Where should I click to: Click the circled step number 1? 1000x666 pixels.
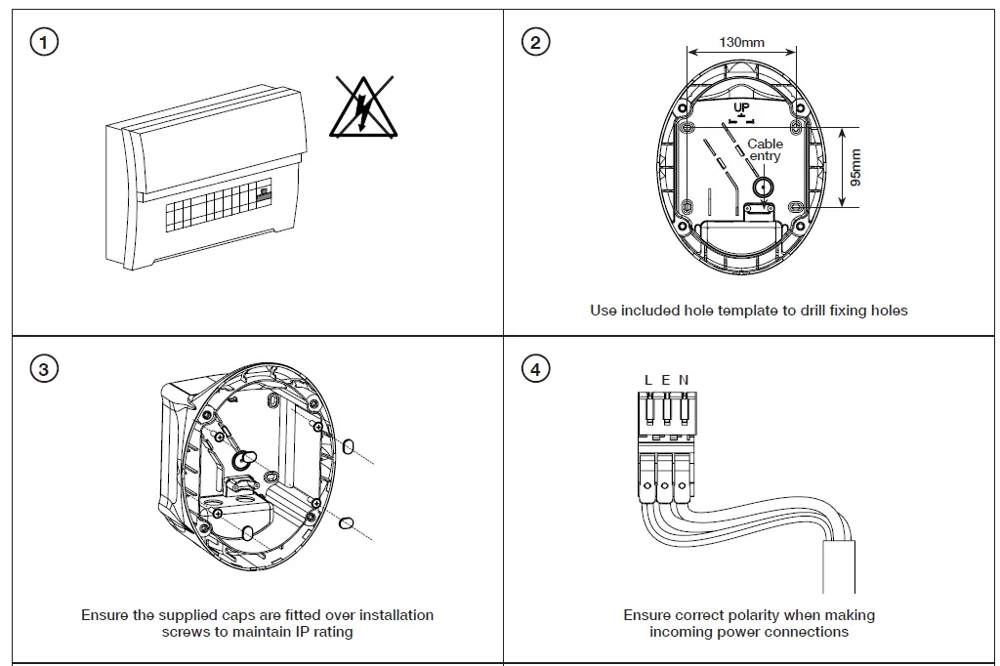[x=44, y=42]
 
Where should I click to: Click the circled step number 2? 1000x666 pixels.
[x=535, y=42]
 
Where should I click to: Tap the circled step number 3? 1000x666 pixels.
[x=44, y=369]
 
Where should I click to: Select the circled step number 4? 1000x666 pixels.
[x=535, y=369]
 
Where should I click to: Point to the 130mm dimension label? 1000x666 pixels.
[x=741, y=42]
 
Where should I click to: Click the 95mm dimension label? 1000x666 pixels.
[x=855, y=168]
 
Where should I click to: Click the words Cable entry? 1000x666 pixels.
[x=765, y=149]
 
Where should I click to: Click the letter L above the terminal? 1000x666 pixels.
[x=648, y=380]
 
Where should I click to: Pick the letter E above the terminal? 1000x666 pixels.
[x=666, y=380]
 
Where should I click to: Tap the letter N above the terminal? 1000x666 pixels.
[x=684, y=380]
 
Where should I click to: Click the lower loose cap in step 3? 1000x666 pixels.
[x=345, y=524]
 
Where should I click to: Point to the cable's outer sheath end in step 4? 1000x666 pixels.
[x=839, y=566]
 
